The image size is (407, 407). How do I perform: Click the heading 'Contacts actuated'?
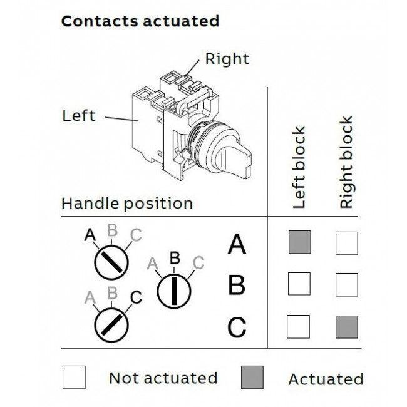[140, 21]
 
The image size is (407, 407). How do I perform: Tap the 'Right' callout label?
[227, 59]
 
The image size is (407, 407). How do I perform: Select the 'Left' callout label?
[79, 115]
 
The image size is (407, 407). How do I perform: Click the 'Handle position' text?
[127, 203]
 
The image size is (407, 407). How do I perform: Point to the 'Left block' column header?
[299, 167]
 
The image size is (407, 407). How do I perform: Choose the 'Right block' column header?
[346, 162]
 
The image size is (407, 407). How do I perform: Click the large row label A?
[236, 244]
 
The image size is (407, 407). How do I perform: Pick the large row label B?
[236, 286]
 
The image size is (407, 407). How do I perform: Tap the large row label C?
[236, 327]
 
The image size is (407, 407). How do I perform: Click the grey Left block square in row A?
[299, 243]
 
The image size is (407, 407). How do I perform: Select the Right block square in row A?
[346, 243]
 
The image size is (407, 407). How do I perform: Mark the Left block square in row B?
[299, 285]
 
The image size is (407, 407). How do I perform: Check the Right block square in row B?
[346, 285]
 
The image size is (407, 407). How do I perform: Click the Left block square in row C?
[299, 327]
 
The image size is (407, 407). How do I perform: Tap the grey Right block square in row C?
[346, 327]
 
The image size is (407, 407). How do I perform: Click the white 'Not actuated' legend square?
[74, 378]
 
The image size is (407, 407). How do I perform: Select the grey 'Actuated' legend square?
[252, 378]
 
